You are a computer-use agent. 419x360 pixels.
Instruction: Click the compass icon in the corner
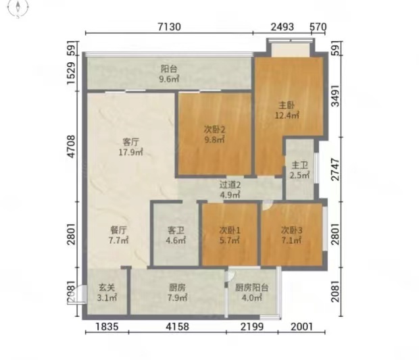point(18,8)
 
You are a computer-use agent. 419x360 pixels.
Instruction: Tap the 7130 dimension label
point(169,27)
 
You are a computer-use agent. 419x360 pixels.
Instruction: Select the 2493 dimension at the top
point(282,27)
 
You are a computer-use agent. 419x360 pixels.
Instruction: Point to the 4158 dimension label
point(177,326)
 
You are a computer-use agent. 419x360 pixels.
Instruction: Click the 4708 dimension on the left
point(72,147)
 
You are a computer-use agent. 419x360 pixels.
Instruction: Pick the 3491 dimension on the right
point(335,96)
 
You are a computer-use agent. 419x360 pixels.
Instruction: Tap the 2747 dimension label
point(335,170)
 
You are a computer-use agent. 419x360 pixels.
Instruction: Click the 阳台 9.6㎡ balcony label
point(169,74)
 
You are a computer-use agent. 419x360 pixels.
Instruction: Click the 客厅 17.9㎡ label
point(130,147)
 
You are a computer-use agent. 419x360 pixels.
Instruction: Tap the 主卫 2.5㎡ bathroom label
point(299,170)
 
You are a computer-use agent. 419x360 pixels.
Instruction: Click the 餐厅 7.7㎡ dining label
point(119,235)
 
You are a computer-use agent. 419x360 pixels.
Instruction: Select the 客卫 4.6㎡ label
point(176,235)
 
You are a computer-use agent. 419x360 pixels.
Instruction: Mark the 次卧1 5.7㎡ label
point(230,235)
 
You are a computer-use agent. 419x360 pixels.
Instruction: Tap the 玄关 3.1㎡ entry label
point(107,292)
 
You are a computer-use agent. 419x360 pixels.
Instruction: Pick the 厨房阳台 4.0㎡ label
point(251,292)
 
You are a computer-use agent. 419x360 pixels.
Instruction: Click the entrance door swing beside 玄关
point(78,294)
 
